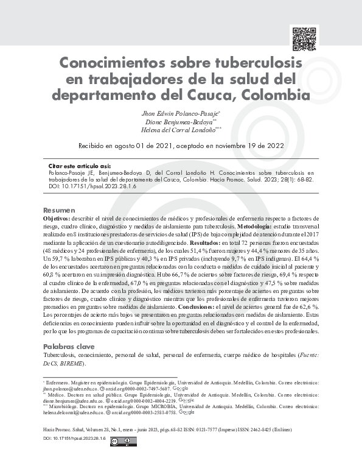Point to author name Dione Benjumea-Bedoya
179,122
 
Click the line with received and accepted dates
181,146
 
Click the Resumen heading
59,210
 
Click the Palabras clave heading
68,346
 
